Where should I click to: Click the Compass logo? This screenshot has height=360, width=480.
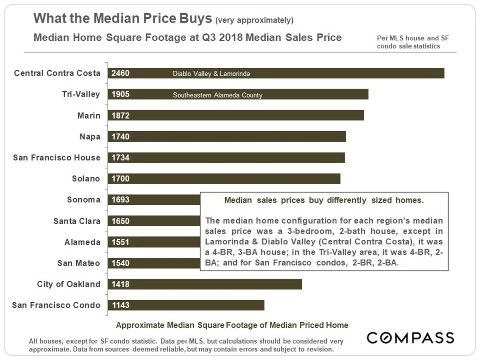point(410,337)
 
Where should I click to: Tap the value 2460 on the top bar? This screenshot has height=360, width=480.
point(120,73)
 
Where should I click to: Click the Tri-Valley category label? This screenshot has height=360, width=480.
point(81,94)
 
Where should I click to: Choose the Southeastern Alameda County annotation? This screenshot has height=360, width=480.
point(217,95)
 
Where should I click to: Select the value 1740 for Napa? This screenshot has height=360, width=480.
point(120,136)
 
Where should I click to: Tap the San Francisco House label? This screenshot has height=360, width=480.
point(57,157)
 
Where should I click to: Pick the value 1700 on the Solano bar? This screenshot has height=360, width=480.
point(120,179)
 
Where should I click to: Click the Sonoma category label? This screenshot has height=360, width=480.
point(83,200)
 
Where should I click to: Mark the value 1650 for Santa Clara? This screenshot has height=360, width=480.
point(120,221)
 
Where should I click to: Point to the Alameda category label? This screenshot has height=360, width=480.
point(82,242)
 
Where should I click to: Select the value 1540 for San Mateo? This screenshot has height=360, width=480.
point(120,263)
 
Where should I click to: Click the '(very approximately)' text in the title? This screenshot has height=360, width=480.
point(254,20)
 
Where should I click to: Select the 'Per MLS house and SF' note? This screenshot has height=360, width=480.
point(412,38)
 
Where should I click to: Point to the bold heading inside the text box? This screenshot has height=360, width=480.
point(324,201)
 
